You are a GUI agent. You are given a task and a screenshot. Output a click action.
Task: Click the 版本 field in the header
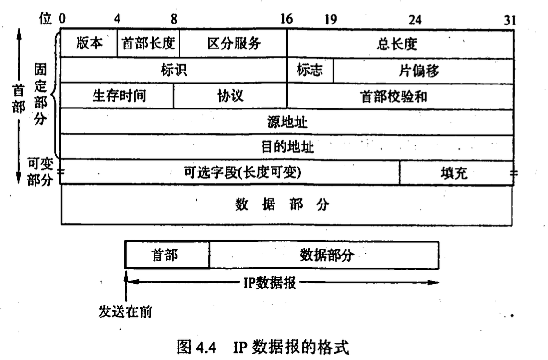(x=89, y=44)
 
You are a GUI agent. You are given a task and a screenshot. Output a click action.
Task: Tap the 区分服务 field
(x=233, y=44)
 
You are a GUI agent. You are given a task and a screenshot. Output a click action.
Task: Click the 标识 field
(x=174, y=71)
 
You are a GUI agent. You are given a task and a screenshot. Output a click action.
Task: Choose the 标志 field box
(x=310, y=70)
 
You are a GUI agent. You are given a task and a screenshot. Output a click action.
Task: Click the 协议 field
(x=230, y=96)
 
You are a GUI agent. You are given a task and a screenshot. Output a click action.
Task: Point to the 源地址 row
(x=287, y=122)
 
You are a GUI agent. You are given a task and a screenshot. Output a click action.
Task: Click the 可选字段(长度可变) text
(x=243, y=172)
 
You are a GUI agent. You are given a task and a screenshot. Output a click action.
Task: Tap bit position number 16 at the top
(x=286, y=20)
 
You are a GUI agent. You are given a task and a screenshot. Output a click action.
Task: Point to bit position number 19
(x=330, y=20)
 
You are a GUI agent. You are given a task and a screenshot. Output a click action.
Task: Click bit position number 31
(x=509, y=20)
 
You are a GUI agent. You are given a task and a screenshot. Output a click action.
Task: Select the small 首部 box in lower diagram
(x=167, y=255)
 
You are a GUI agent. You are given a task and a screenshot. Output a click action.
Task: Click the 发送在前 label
(x=125, y=312)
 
